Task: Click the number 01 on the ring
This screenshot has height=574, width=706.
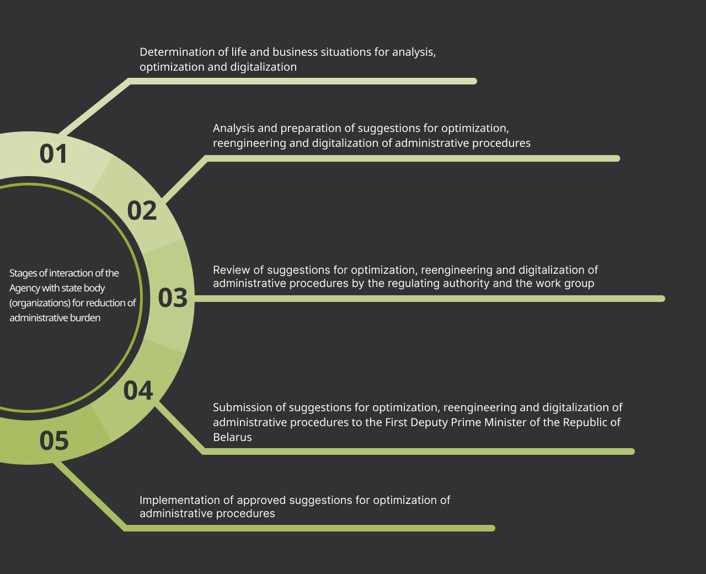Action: (54, 154)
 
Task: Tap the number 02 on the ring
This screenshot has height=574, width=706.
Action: (142, 211)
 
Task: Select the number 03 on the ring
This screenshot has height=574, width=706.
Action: (173, 298)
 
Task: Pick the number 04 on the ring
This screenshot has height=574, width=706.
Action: (138, 390)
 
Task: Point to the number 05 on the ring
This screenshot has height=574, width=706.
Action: (54, 440)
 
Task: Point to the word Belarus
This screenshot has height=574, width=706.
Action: (232, 437)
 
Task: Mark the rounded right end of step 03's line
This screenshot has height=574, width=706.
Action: (662, 299)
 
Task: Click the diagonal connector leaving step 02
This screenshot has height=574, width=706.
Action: (185, 179)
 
